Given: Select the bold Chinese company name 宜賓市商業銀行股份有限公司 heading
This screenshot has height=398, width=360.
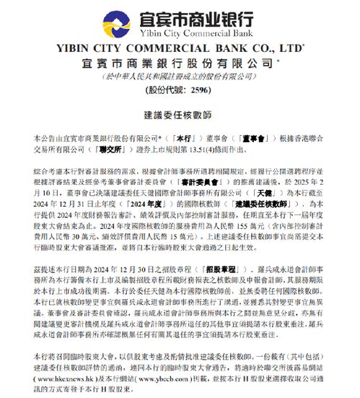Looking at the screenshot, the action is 180,64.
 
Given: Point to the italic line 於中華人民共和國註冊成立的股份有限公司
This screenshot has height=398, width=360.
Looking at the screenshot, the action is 180,77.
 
